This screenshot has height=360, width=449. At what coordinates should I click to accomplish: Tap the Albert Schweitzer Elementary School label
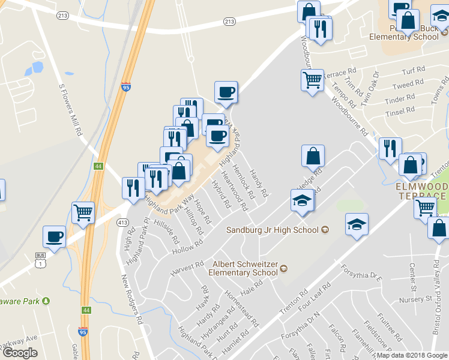pyautogui.click(x=243, y=268)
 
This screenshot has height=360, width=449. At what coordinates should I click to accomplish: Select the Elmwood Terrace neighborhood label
pyautogui.click(x=421, y=191)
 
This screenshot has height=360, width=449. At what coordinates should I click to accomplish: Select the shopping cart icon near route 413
pyautogui.click(x=83, y=211)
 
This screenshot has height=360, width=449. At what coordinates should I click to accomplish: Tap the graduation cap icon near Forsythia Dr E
pyautogui.click(x=357, y=225)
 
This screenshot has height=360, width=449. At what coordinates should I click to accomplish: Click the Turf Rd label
pyautogui.click(x=414, y=70)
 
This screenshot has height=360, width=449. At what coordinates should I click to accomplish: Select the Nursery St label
pyautogui.click(x=420, y=298)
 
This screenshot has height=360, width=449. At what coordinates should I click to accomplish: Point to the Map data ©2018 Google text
pyautogui.click(x=412, y=355)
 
